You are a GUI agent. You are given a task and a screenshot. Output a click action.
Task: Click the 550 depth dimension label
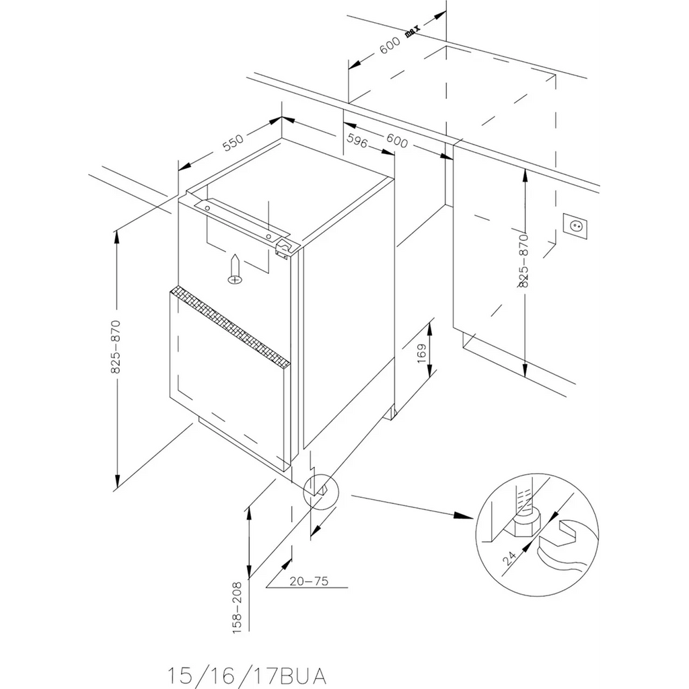pyautogui.click(x=232, y=143)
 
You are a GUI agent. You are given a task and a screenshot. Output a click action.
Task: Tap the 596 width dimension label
pyautogui.click(x=357, y=140)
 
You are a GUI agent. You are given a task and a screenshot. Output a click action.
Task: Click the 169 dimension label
pyautogui.click(x=421, y=353)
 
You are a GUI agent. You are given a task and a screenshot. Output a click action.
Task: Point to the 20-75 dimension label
pyautogui.click(x=308, y=581)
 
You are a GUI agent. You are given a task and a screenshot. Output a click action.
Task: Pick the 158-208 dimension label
pyautogui.click(x=237, y=608)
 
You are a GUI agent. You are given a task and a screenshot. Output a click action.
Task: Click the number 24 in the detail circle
pyautogui.click(x=509, y=558)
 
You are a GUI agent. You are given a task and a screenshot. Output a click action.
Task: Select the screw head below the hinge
pyautogui.click(x=235, y=279)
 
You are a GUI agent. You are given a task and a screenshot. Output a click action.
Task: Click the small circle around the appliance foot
pyautogui.click(x=321, y=492)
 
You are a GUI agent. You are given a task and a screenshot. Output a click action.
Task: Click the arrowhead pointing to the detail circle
pyautogui.click(x=464, y=516)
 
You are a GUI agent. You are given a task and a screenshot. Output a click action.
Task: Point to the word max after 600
pyautogui.click(x=412, y=31)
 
